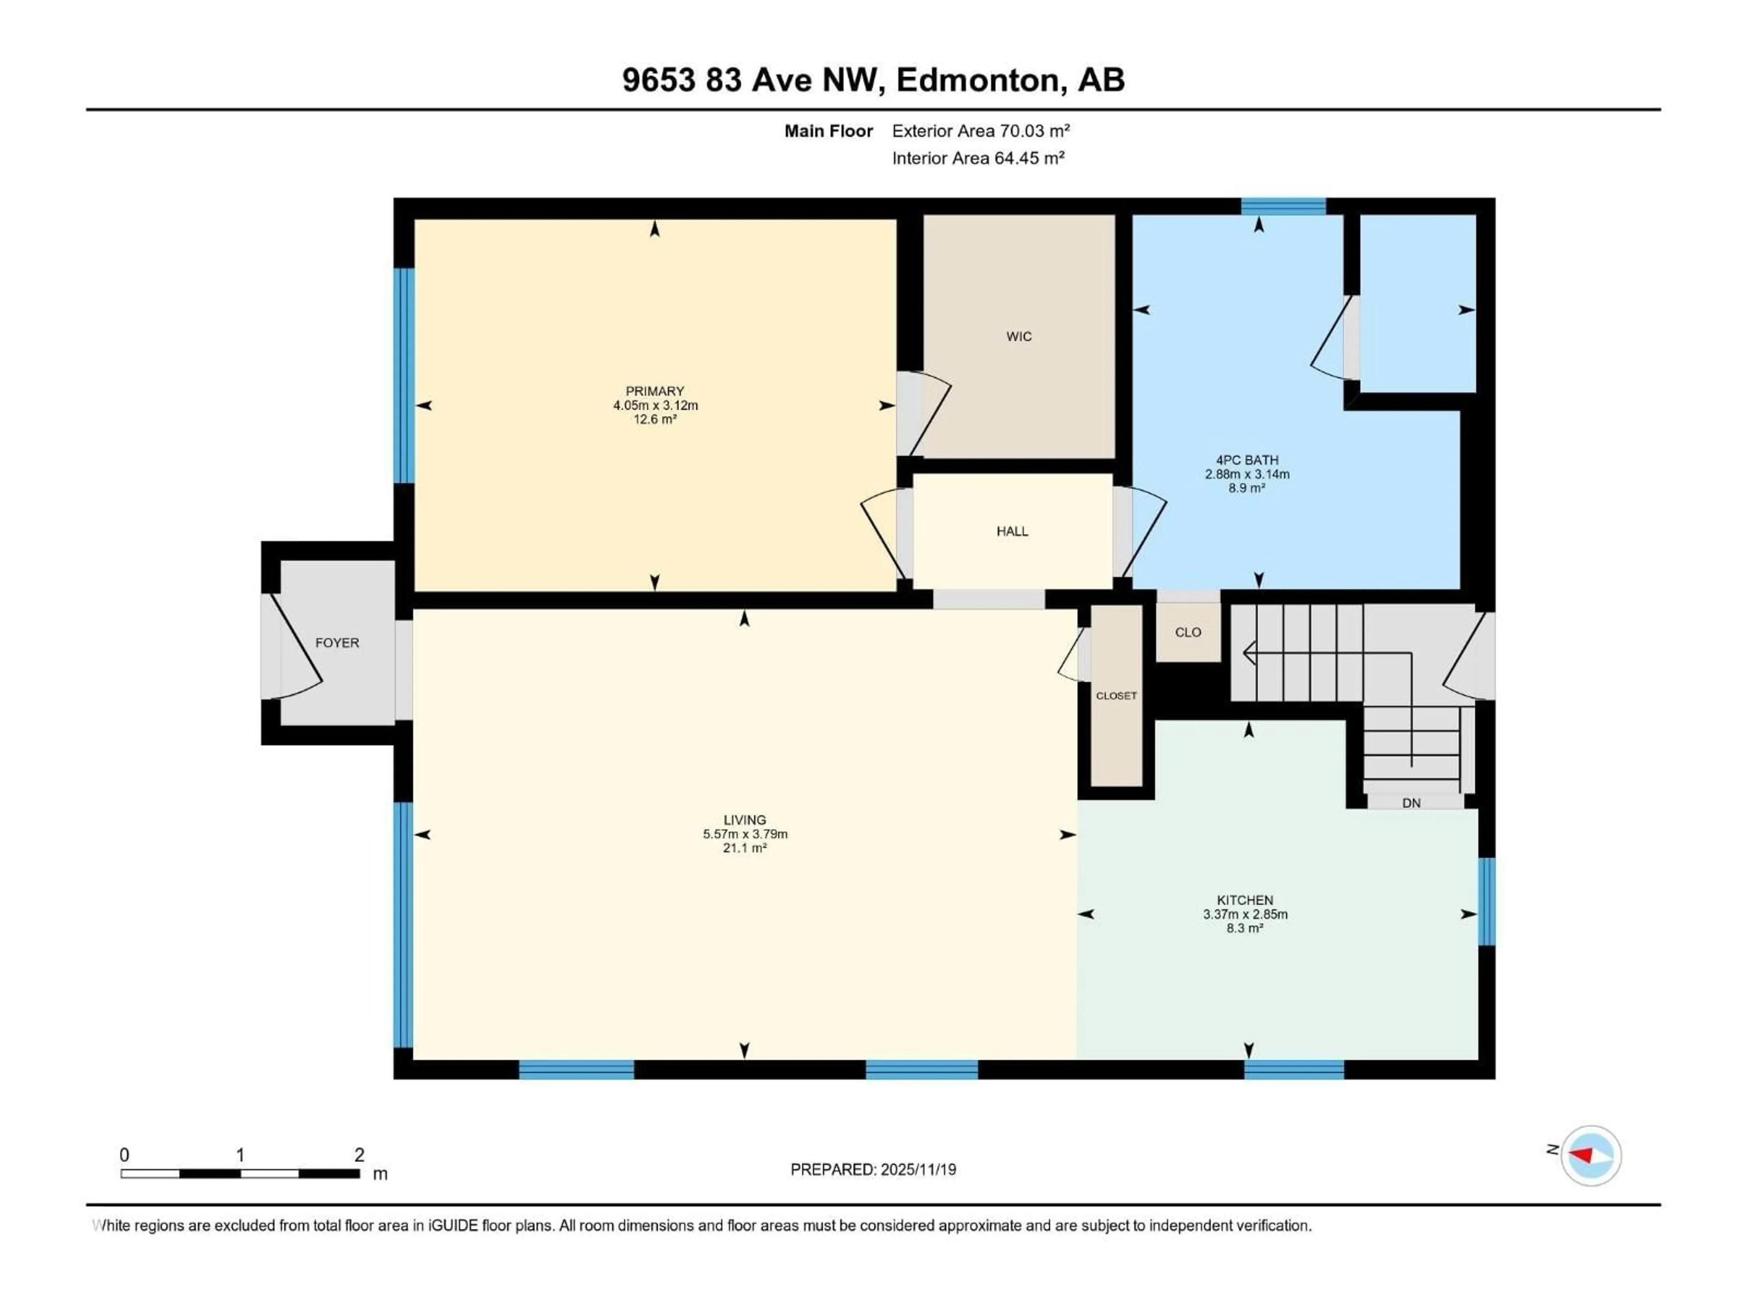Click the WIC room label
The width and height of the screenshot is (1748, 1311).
(1019, 337)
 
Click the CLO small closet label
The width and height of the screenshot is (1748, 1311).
(1188, 632)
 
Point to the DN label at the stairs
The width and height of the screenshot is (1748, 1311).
(1411, 803)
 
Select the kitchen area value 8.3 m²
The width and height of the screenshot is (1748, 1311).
(1245, 929)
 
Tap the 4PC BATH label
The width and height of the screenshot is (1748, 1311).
(1246, 460)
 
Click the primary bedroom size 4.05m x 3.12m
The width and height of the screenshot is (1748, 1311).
(655, 406)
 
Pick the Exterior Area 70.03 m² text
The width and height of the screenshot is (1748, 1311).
(981, 131)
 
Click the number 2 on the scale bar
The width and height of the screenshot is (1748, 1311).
(360, 1154)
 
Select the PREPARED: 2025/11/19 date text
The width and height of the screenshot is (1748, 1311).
(873, 1169)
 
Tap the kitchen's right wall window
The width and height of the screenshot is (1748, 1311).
(1486, 902)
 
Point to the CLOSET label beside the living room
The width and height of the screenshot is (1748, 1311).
(1116, 696)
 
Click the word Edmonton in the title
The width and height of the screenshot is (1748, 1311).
(977, 80)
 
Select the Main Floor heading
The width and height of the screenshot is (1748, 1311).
(828, 131)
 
